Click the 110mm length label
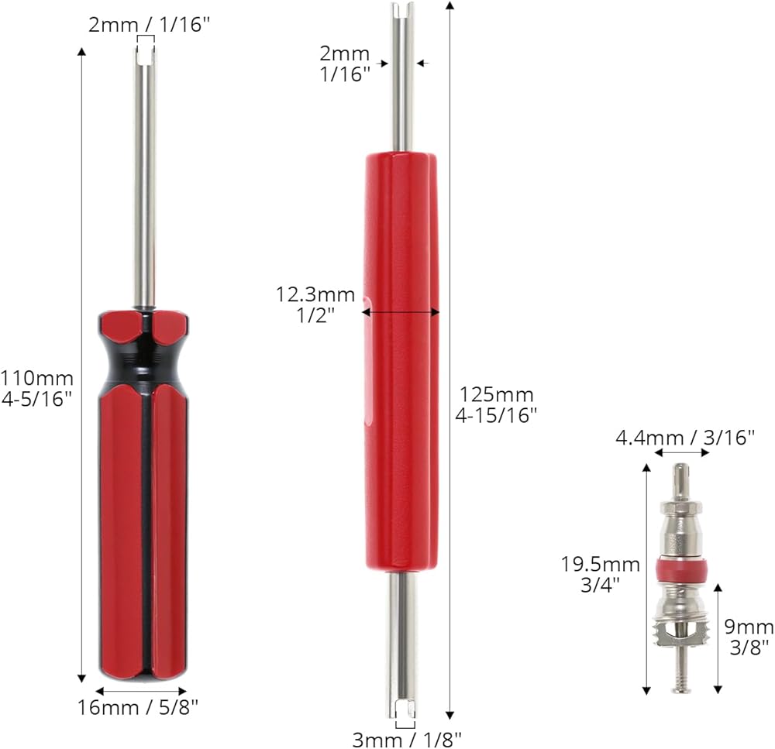point(36,379)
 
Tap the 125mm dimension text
point(496,395)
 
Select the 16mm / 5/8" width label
point(138,707)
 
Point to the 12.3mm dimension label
point(315,294)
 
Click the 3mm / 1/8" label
point(406,740)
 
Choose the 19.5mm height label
point(600,564)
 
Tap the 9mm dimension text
point(749,627)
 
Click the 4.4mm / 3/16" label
point(685,438)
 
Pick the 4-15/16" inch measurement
point(496,415)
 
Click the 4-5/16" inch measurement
point(36,399)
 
